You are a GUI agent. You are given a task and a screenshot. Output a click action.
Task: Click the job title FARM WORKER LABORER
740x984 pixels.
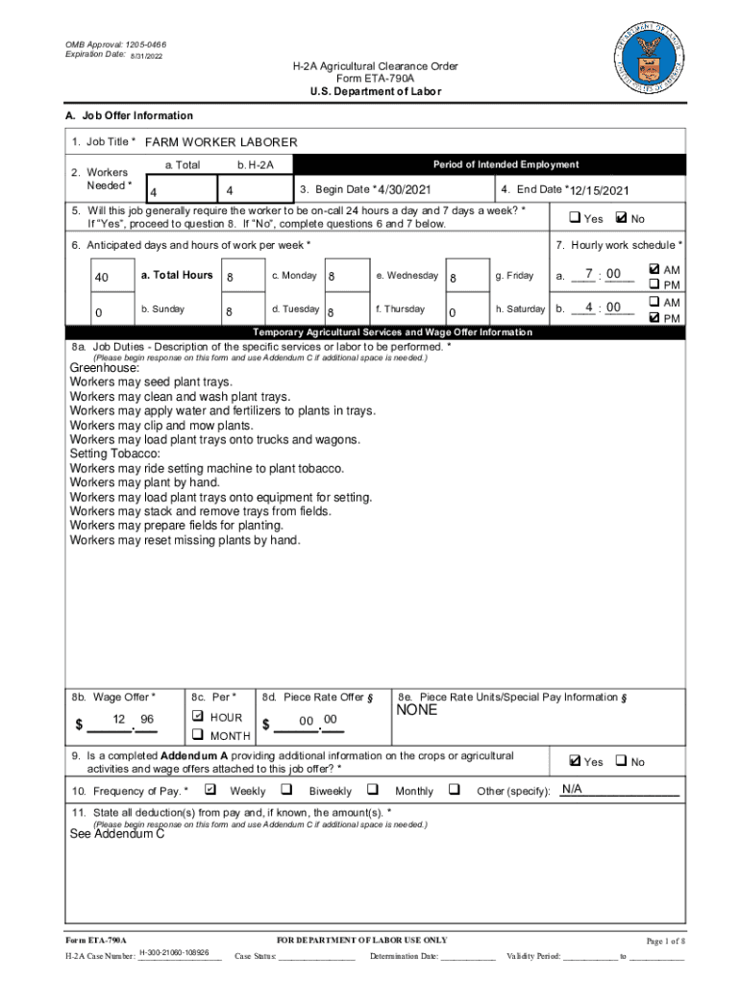coord(221,142)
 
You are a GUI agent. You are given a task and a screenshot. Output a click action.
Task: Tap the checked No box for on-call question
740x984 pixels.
coord(620,218)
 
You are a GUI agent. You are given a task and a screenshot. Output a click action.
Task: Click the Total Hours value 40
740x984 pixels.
coord(102,279)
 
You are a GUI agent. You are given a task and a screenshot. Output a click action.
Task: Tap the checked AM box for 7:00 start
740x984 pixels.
coord(654,270)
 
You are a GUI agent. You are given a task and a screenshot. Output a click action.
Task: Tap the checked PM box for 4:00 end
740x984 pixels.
coord(654,318)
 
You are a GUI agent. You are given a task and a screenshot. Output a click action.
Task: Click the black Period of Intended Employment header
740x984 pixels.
coord(506,165)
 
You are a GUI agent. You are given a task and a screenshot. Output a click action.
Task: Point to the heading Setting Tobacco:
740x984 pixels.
coord(115,454)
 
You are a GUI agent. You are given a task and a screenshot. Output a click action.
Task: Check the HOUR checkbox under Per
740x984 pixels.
coord(197,717)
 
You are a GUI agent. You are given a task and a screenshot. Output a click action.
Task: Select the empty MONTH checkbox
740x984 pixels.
coord(197,735)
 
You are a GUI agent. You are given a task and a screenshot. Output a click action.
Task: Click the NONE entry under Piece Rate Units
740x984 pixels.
coord(416,710)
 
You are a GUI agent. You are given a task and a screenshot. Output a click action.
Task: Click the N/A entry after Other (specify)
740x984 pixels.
coord(572,790)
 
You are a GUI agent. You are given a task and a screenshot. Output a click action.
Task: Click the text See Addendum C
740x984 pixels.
coord(117,834)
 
